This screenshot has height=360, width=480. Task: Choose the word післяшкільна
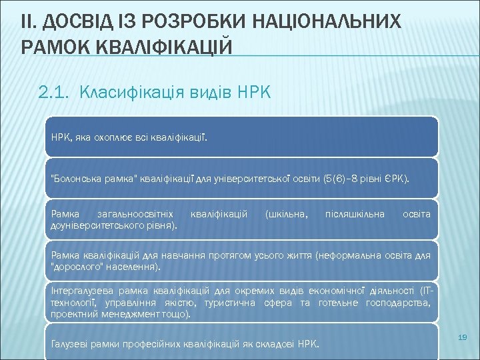click(355, 215)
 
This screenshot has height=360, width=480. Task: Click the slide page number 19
click(463, 339)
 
